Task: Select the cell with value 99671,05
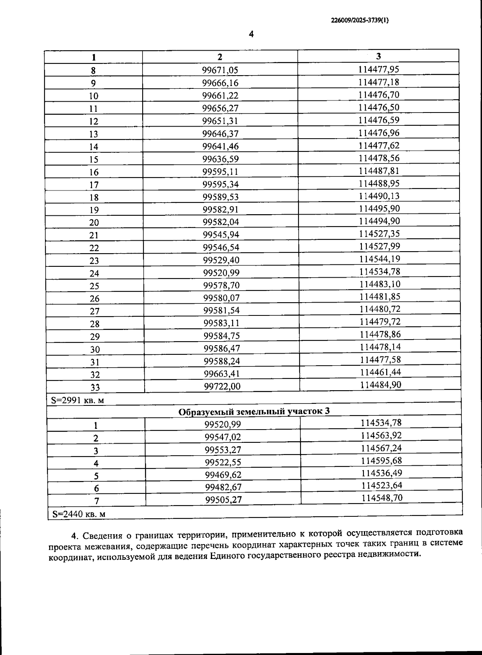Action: [220, 70]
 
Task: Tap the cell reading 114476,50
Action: [379, 107]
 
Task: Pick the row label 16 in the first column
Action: [94, 172]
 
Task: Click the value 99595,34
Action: [221, 184]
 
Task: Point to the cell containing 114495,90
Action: [379, 209]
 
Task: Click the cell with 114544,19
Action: [380, 259]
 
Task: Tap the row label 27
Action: [94, 311]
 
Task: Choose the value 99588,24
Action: [222, 361]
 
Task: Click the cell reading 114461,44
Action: [380, 372]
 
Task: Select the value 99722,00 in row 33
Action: [222, 386]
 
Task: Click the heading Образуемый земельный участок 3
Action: [254, 412]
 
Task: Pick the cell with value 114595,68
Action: [381, 461]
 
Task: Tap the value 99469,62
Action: [223, 475]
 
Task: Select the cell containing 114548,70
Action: [382, 498]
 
